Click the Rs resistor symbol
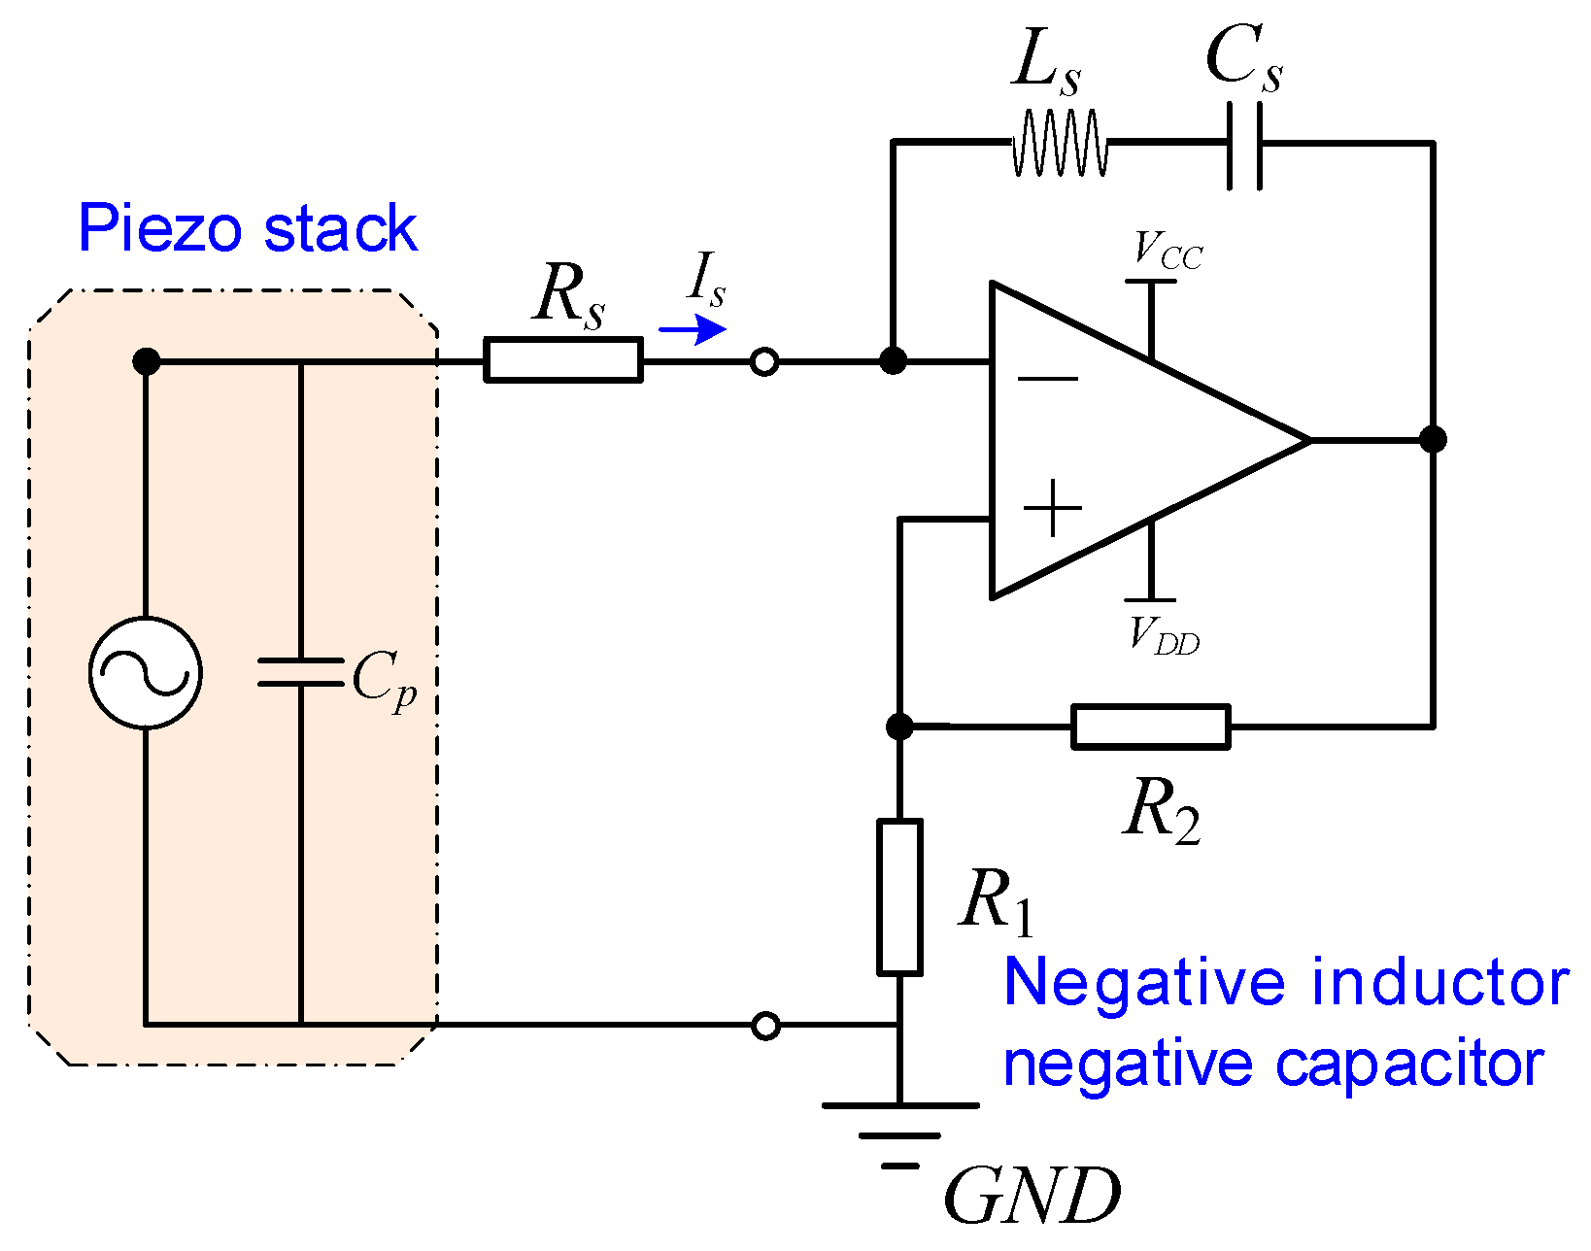coord(563,360)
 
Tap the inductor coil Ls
coord(1060,144)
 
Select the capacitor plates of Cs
coord(1244,146)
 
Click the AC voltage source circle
coord(146,672)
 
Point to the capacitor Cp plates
coord(300,672)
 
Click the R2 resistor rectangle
coord(1151,727)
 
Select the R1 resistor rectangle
coord(899,896)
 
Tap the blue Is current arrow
coord(693,330)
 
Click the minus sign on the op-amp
coord(1048,380)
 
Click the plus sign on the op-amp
coord(1053,508)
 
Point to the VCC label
coord(1168,252)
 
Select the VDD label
coord(1164,636)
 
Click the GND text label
coord(1032,1197)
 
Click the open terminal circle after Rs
coord(764,362)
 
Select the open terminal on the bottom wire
coord(765,1026)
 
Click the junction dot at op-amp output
coord(1433,440)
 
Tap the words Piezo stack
coord(248,229)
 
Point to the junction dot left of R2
coord(900,726)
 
